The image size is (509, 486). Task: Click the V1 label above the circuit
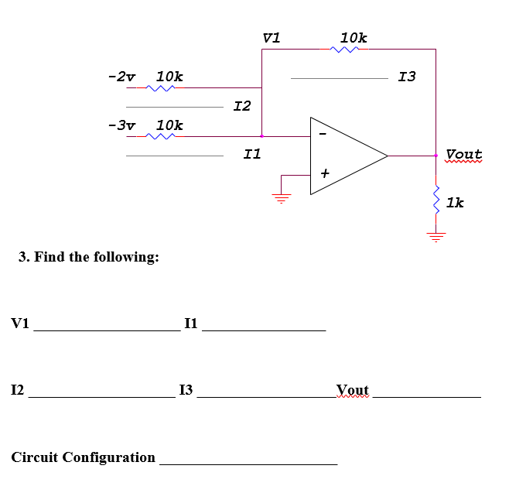point(272,37)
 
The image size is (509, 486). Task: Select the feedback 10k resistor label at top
point(354,37)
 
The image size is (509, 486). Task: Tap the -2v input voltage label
point(121,77)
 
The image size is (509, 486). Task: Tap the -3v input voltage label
point(121,125)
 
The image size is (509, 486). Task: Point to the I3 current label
point(406,77)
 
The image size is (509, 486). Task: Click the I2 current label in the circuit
point(242,105)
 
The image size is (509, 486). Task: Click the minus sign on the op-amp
point(323,137)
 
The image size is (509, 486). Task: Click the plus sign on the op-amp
point(325,175)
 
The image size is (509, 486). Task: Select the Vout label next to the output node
point(463,155)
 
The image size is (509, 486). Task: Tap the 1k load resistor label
point(455,203)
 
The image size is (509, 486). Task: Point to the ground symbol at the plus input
point(282,196)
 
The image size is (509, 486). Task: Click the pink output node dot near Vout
point(436,156)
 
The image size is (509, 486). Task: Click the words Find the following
point(89,256)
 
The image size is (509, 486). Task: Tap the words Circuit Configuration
point(84,457)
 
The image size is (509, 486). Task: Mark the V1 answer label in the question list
point(20,323)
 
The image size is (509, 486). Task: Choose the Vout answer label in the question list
point(353,389)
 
